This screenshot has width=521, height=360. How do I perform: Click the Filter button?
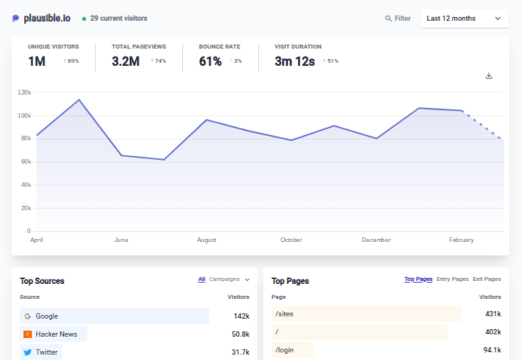click(x=398, y=18)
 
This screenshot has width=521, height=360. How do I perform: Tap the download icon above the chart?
click(x=489, y=75)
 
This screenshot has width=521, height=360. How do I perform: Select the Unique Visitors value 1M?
click(x=37, y=62)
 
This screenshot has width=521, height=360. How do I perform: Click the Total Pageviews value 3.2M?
click(x=126, y=62)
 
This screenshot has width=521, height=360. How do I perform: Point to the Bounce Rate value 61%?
click(x=210, y=62)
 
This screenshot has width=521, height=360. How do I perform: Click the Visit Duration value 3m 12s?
click(x=294, y=62)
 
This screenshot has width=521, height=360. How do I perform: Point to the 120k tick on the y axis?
click(x=24, y=92)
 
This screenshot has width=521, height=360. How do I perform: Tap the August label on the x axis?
click(x=207, y=240)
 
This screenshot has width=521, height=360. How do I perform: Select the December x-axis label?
click(x=376, y=240)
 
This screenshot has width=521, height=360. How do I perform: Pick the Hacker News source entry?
click(x=56, y=334)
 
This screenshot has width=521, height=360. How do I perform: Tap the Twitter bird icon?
click(x=27, y=352)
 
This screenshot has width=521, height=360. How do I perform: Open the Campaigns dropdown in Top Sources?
click(x=229, y=280)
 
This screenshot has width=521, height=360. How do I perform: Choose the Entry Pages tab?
click(x=452, y=280)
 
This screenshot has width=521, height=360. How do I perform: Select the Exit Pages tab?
click(x=487, y=280)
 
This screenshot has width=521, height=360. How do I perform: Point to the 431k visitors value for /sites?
click(x=492, y=313)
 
